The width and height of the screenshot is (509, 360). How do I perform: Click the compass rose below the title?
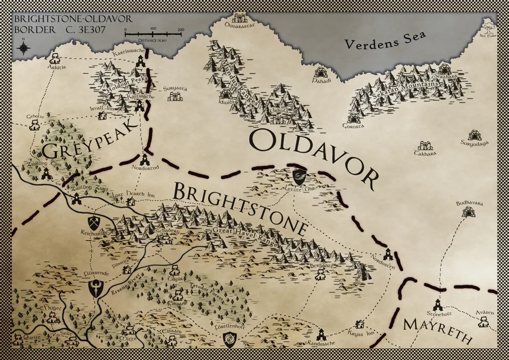(23, 48)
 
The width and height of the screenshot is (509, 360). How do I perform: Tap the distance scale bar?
(154, 34)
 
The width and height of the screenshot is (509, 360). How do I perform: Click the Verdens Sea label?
(386, 41)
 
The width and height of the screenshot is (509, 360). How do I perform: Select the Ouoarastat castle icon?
(238, 18)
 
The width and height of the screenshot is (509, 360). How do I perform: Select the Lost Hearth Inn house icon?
(131, 202)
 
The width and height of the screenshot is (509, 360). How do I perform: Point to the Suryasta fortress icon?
(174, 96)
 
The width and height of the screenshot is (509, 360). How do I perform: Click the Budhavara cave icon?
(469, 212)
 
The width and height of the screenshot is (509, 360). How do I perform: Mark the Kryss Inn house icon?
(361, 324)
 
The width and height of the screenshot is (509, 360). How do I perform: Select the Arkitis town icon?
(55, 58)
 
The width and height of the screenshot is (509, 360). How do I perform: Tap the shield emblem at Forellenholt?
(230, 339)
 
